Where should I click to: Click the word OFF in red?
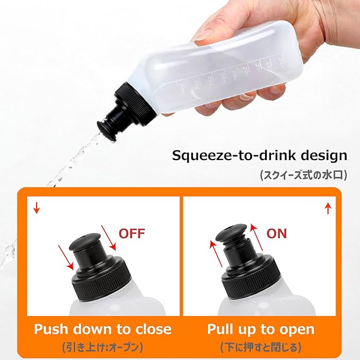[x=131, y=233]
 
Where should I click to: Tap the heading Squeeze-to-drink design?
[x=259, y=156]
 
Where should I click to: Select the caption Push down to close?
[x=103, y=329]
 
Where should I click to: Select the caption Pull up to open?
[x=261, y=329]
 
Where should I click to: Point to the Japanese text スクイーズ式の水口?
[x=303, y=174]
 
